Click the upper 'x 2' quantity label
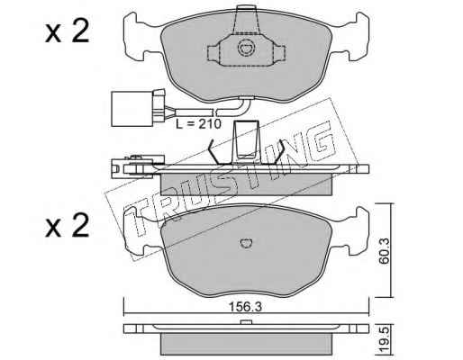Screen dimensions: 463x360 [68, 31]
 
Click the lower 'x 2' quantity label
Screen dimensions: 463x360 [68, 225]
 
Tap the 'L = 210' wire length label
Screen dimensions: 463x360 [198, 123]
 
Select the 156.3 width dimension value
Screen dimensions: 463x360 [245, 307]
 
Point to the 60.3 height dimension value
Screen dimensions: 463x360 [384, 251]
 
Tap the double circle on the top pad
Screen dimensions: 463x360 [246, 48]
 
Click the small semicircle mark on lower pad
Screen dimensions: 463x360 [247, 243]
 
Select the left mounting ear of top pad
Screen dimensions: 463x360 [137, 37]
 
